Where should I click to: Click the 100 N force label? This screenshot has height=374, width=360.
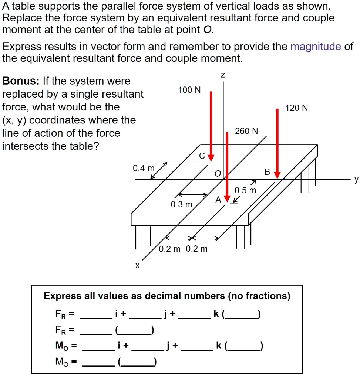[189, 90]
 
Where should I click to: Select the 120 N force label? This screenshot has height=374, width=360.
[296, 108]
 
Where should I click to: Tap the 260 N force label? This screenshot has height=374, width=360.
[246, 131]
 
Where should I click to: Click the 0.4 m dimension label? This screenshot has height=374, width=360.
[144, 169]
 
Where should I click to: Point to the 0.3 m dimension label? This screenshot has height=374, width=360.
[181, 204]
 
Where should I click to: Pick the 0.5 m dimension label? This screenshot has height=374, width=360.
[245, 191]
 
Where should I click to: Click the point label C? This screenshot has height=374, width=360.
[202, 156]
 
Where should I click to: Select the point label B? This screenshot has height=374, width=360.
[268, 172]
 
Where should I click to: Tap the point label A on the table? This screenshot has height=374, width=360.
[218, 200]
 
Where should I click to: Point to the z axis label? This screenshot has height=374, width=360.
[223, 75]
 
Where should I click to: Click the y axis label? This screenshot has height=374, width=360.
[356, 180]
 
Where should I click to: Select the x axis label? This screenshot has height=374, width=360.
[137, 265]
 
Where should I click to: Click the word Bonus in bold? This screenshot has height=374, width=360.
[21, 81]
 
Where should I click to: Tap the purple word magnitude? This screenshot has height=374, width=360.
[316, 47]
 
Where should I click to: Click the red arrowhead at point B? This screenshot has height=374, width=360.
[277, 174]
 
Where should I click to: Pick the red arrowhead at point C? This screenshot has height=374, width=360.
[211, 158]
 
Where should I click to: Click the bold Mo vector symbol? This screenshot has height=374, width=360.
[61, 346]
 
